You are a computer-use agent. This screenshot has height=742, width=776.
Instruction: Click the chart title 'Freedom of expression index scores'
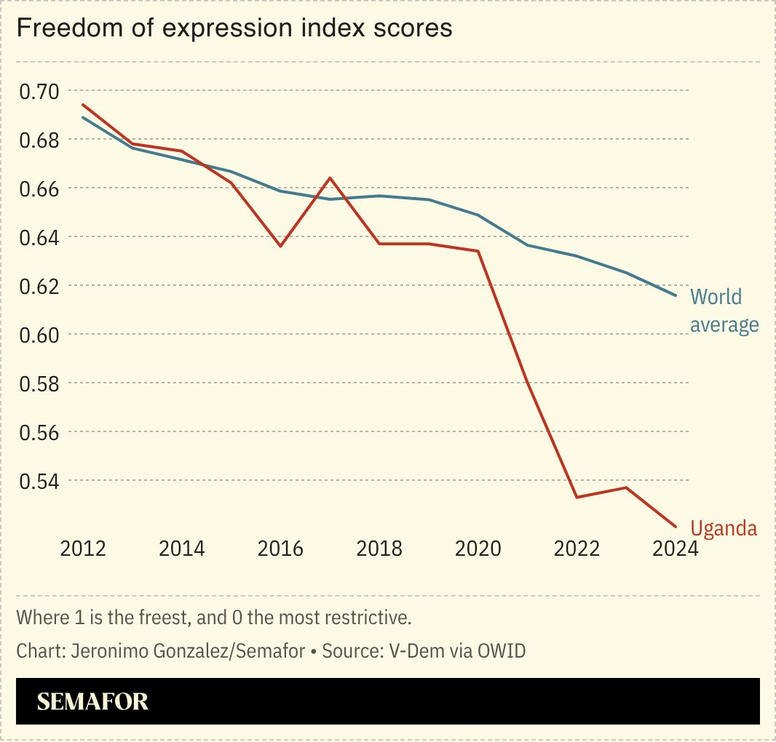pos(234,28)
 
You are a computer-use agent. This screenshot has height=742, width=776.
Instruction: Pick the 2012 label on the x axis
pos(83,548)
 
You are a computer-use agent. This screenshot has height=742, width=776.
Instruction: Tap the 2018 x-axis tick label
pos(379,548)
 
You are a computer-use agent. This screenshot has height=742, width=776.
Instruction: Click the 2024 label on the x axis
pos(675,548)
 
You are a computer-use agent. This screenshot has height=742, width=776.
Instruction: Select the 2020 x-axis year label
pos(478,548)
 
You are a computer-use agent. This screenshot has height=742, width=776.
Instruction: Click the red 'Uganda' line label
pos(724,528)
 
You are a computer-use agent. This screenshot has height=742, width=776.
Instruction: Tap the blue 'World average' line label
pos(724,311)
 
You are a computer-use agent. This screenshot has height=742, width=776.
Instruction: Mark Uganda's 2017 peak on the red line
pos(330,177)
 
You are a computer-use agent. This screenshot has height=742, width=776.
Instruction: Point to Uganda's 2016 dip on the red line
pos(280,246)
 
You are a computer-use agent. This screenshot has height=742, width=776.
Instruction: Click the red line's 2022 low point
pos(577,497)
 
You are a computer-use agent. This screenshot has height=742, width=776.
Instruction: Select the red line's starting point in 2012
pos(83,104)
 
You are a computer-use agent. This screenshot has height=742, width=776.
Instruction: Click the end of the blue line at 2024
pos(676,295)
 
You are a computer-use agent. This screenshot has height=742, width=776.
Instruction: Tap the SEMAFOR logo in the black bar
pos(92,701)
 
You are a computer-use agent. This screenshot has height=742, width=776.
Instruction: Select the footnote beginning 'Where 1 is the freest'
pos(214,618)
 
